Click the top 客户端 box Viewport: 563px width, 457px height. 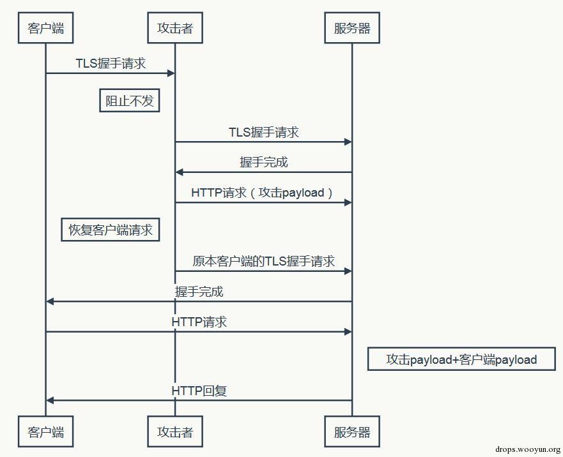(45, 28)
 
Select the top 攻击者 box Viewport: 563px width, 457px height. (174, 28)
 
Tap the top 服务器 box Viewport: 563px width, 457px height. (351, 28)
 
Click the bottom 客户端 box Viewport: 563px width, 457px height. (45, 432)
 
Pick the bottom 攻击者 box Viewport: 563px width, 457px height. (174, 432)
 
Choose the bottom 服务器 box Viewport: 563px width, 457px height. (351, 432)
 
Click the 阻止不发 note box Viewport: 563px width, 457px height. (129, 100)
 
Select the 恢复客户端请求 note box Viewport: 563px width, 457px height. (111, 230)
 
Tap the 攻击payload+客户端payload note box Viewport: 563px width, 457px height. (461, 359)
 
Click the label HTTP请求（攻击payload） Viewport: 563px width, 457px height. (263, 192)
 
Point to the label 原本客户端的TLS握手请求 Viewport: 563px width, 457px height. (263, 261)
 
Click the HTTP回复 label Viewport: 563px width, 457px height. (199, 390)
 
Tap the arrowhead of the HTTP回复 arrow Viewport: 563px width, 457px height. (50, 400)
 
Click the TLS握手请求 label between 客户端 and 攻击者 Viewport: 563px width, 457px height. (110, 63)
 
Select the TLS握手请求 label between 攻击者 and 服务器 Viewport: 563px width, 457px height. (263, 132)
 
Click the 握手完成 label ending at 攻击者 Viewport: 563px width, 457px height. (263, 162)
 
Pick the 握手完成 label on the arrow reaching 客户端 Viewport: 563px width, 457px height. (199, 292)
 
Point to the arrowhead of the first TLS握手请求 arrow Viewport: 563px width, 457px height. (171, 73)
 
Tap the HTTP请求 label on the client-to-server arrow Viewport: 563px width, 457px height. (199, 322)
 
